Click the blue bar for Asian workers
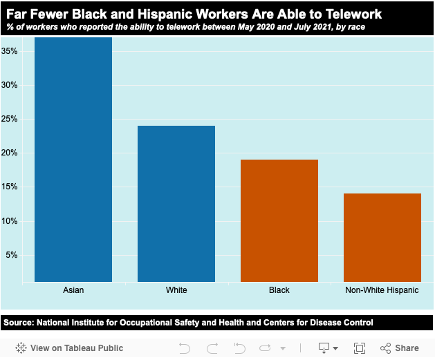(73, 159)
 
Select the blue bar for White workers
(176, 203)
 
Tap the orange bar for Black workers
(279, 220)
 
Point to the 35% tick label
(10, 51)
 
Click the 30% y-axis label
(10, 85)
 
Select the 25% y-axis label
(10, 119)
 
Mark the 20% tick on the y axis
(10, 153)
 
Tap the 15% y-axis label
(10, 187)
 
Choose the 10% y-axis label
(10, 221)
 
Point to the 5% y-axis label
(12, 255)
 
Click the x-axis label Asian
(73, 290)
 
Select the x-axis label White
(176, 290)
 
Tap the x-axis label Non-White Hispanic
(382, 290)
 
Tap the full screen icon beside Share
(360, 348)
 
